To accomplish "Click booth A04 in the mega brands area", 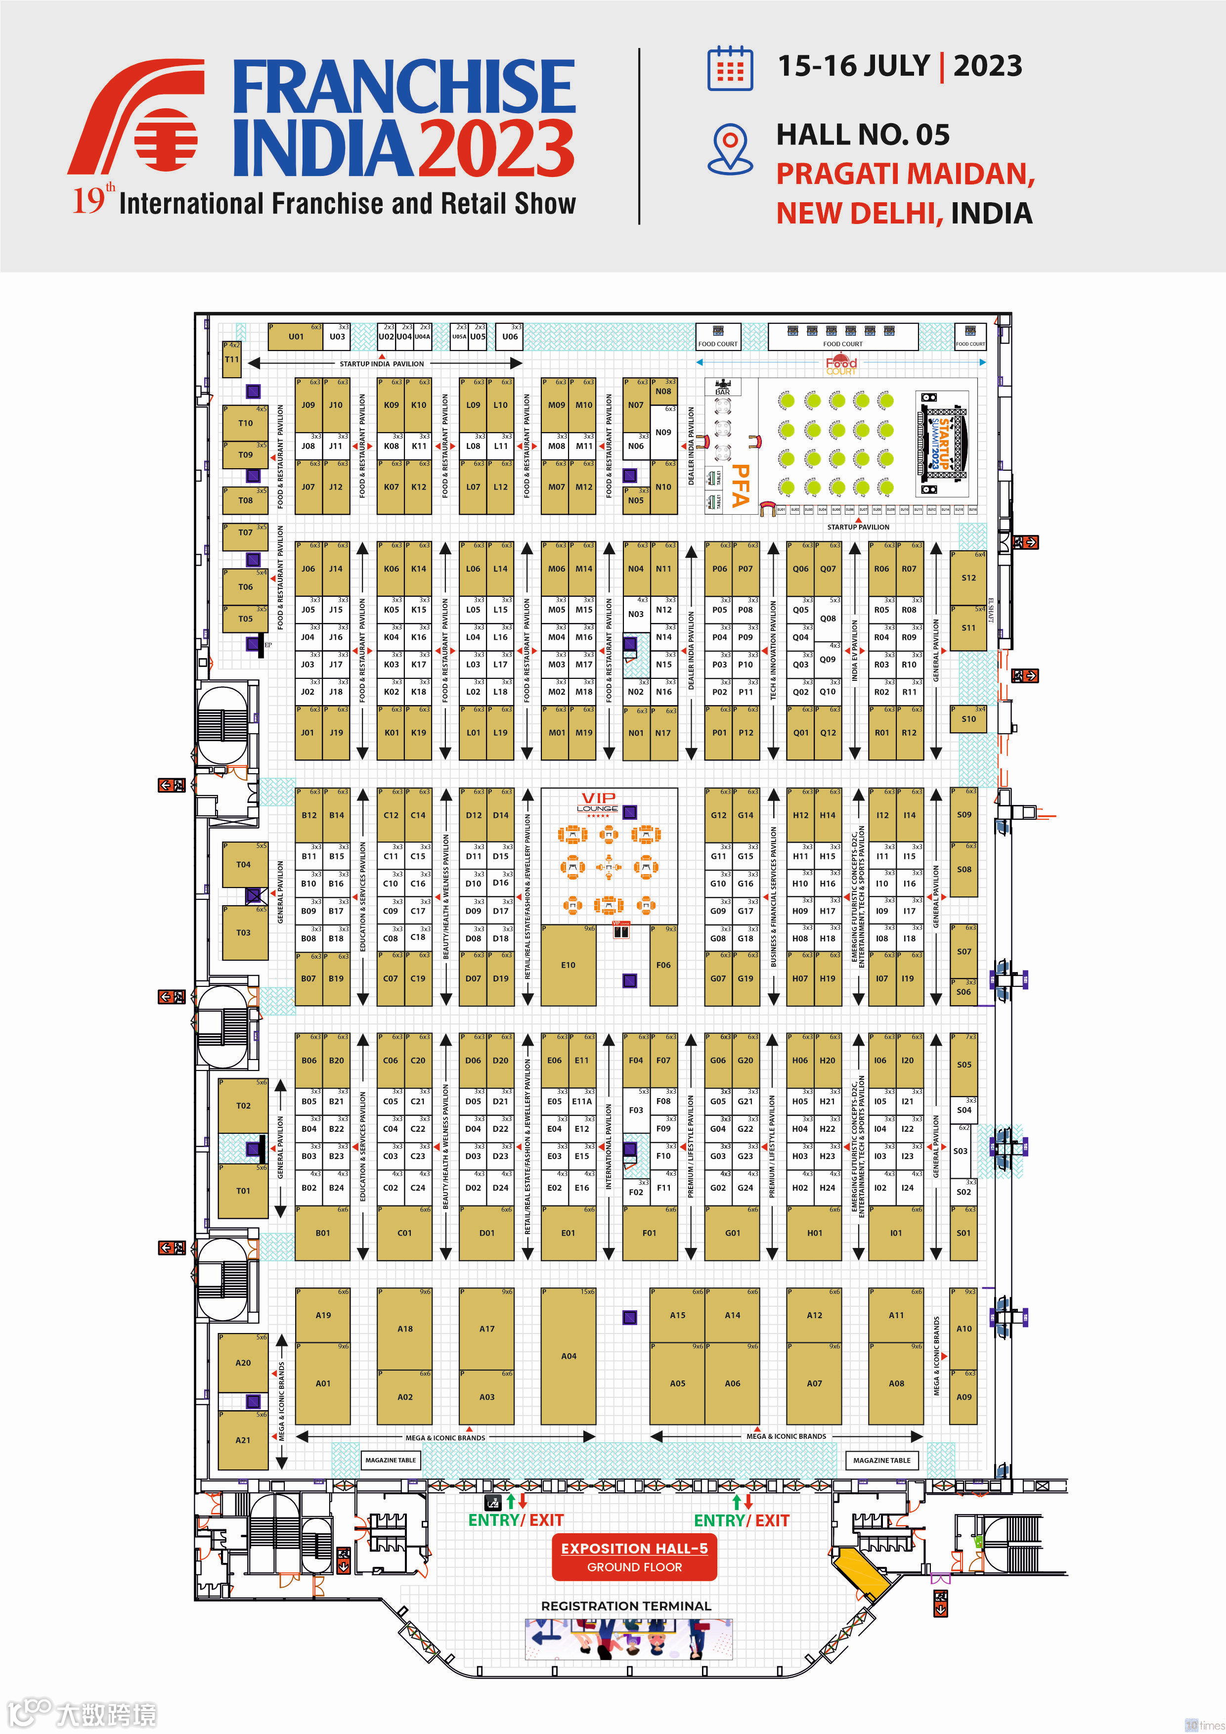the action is click(569, 1356).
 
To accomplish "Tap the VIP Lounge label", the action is click(598, 801).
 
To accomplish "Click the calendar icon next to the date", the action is click(730, 69).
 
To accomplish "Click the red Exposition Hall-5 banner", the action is click(634, 1556).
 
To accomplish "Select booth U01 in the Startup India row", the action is click(296, 337).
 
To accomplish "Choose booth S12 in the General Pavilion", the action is click(968, 578).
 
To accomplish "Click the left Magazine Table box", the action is click(391, 1460).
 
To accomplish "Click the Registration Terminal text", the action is click(626, 1605).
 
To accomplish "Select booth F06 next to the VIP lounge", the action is click(663, 965).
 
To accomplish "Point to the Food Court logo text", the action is click(841, 365).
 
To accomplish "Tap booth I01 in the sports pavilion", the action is click(896, 1233).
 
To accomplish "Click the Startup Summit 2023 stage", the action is click(943, 444).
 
